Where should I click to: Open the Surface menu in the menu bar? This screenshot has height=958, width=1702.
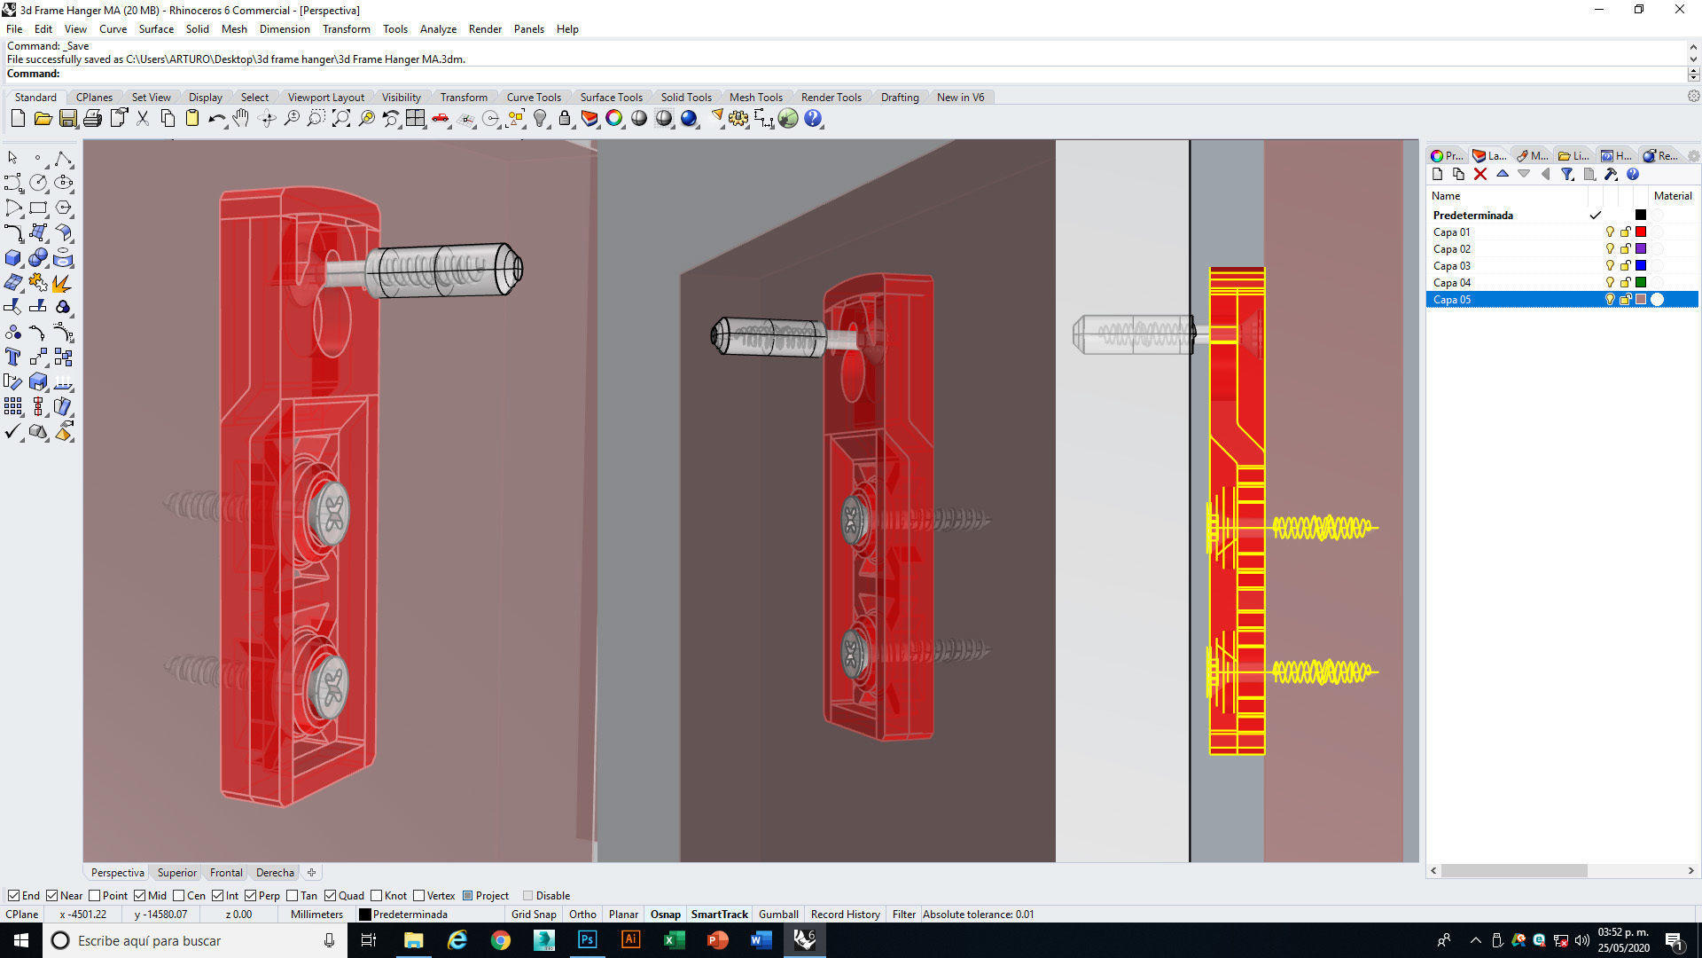[x=156, y=29]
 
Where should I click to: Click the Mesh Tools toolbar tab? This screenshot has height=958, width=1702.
[x=755, y=98]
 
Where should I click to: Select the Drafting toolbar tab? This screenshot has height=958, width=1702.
[x=899, y=98]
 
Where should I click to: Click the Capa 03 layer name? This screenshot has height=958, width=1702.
[x=1451, y=266]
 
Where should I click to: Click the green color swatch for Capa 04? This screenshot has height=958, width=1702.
[x=1641, y=283]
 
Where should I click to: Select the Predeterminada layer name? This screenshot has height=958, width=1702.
[x=1472, y=216]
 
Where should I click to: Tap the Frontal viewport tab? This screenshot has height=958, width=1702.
[x=226, y=873]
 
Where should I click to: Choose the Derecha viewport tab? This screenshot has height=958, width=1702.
[x=275, y=873]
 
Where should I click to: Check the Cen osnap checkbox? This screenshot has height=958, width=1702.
[x=179, y=896]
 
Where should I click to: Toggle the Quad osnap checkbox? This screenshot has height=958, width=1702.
[x=331, y=896]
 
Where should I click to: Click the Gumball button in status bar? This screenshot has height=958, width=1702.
[x=778, y=915]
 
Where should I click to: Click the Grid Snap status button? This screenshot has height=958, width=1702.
[x=534, y=915]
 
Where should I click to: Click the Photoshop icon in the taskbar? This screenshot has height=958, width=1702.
[x=587, y=940]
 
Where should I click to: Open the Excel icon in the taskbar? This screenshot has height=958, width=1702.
[x=674, y=940]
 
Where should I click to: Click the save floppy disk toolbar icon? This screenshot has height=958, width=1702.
[x=68, y=119]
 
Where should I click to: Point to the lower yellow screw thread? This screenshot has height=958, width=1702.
[x=1323, y=672]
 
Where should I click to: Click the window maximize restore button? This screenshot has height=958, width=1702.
[x=1639, y=10]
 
